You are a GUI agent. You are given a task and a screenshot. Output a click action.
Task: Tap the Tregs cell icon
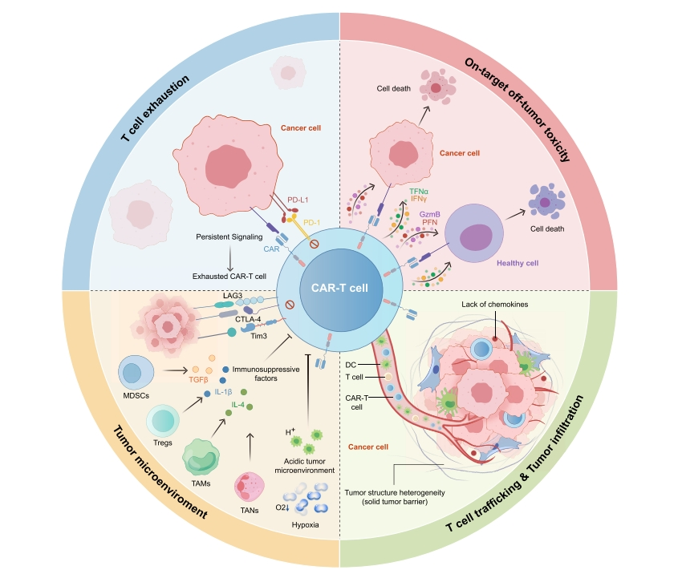(162, 421)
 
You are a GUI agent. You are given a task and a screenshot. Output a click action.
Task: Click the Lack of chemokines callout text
(494, 305)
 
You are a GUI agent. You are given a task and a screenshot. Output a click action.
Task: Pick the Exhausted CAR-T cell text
(229, 277)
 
